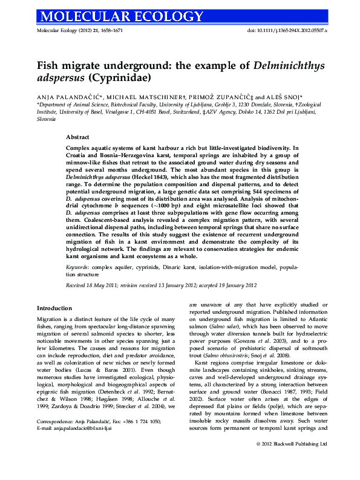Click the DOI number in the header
(x=287, y=30)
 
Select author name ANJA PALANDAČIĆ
(x=64, y=97)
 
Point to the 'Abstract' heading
(x=77, y=138)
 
